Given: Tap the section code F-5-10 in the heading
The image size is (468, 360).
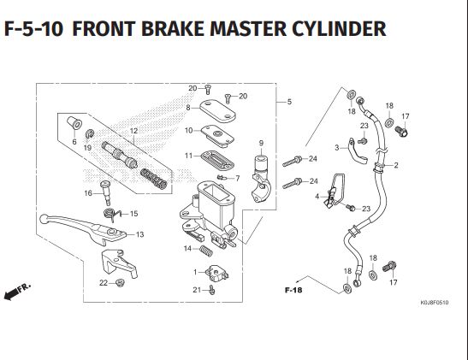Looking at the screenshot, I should (x=33, y=30).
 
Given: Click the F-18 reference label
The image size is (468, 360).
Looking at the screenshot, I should (x=293, y=290).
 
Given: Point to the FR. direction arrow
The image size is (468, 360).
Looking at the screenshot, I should (x=17, y=292).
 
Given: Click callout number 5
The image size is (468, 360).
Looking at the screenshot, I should (x=288, y=103).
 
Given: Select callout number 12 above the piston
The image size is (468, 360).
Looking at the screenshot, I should (x=133, y=131).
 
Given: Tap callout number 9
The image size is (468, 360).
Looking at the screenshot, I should (x=261, y=142).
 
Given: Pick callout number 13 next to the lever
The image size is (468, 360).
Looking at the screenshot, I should (x=139, y=234).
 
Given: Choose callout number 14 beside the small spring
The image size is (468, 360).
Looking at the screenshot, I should (x=187, y=249).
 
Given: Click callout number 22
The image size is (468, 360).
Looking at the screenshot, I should (x=104, y=282).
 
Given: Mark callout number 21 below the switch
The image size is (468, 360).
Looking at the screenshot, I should (x=196, y=290).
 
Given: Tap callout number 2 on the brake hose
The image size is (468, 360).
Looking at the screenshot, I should (x=395, y=165).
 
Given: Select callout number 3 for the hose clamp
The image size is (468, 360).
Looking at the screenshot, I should (x=337, y=148).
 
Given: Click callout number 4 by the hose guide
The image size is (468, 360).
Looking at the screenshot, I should (x=317, y=197).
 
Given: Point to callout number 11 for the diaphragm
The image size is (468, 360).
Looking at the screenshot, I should (x=187, y=156).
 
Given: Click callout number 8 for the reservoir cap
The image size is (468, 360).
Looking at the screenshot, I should (x=187, y=107).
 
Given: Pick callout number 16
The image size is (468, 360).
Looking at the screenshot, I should (x=88, y=193).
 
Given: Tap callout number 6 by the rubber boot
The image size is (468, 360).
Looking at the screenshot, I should (x=74, y=142).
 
